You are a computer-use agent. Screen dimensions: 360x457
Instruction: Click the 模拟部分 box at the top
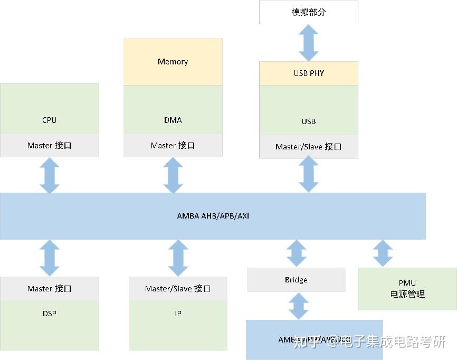308,12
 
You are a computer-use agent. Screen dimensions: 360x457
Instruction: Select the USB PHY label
308,73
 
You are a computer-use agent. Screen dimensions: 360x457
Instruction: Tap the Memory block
173,62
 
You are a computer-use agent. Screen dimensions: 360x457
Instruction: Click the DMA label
173,120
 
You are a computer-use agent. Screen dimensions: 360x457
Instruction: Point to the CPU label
49,120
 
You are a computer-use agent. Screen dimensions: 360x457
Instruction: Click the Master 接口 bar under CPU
49,146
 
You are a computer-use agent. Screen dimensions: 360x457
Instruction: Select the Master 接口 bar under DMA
173,146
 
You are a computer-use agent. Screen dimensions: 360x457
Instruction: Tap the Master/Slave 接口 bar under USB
308,147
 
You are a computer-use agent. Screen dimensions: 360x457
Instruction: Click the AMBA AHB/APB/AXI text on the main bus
213,216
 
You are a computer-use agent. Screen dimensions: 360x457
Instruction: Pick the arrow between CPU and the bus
50,175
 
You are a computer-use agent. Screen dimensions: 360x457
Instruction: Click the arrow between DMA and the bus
173,175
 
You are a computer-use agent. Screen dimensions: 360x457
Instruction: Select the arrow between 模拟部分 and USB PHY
308,43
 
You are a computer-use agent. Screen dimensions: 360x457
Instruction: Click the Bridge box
296,280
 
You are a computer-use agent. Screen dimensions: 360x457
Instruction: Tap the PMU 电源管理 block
407,289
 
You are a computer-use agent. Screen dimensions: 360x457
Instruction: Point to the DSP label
49,314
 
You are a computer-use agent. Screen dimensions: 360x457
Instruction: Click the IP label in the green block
178,314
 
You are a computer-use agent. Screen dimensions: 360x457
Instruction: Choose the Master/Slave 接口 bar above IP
178,289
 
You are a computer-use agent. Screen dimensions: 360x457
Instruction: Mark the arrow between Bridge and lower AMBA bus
298,306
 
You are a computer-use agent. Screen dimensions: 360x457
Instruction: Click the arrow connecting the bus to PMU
383,253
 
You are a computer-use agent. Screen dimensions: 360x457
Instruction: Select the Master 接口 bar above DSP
49,289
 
